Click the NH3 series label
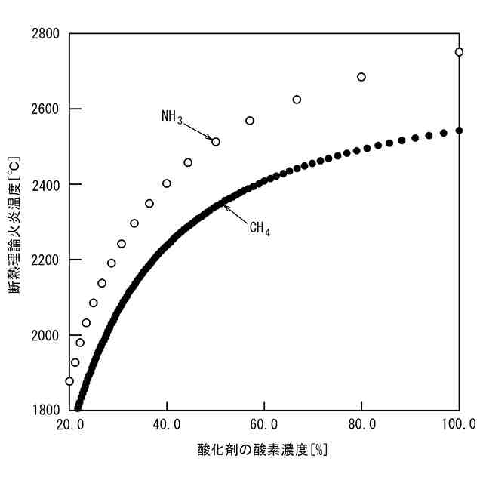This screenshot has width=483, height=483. (172, 117)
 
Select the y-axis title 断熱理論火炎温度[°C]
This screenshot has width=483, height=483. (15, 222)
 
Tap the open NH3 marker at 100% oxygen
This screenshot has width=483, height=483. (459, 52)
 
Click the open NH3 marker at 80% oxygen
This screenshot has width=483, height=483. (361, 77)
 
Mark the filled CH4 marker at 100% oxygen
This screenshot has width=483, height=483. (459, 131)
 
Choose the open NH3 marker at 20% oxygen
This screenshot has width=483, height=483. (69, 381)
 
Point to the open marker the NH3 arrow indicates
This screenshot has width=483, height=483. (216, 142)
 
